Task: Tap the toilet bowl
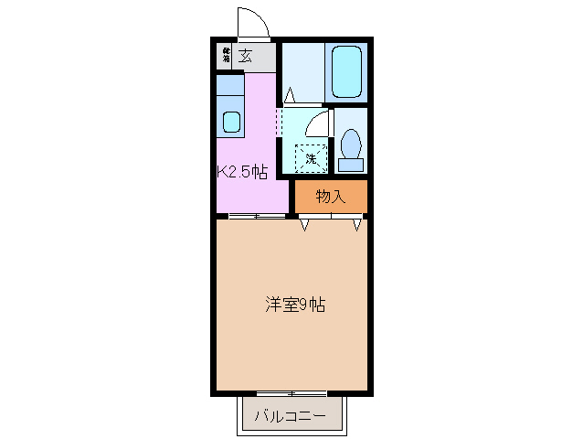pos(350,145)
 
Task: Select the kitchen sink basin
pos(231,122)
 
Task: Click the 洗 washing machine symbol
pos(310,158)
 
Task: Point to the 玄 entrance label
pos(246,55)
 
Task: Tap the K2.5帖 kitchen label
pos(242,171)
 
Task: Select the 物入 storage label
pos(330,196)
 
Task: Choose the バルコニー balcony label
pos(290,416)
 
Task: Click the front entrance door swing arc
pos(251,22)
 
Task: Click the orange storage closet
pos(330,196)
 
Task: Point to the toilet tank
pos(350,166)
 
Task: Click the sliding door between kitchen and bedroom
pos(256,216)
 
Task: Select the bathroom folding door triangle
pos(289,94)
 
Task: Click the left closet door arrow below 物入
pos(305,224)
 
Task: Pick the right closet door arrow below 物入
pos(356,224)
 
